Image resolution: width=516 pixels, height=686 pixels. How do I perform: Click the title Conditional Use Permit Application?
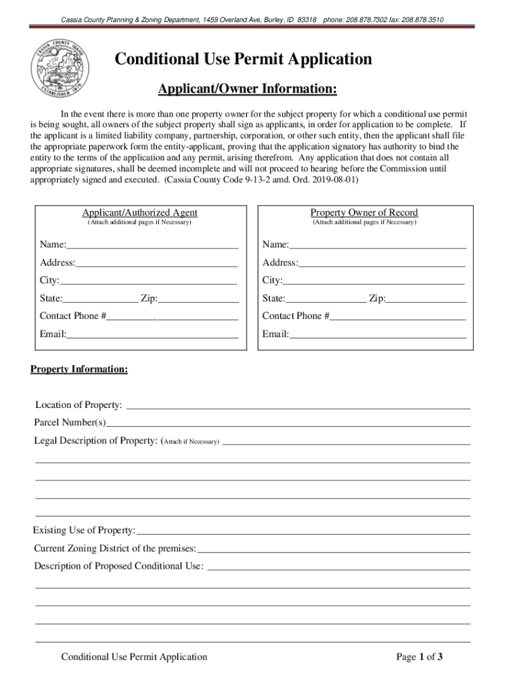coord(243,60)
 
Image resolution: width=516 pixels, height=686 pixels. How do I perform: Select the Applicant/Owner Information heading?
coord(247,89)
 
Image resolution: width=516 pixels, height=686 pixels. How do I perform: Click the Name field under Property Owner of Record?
coord(377,245)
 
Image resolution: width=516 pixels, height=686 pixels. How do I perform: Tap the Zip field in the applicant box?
coord(198,299)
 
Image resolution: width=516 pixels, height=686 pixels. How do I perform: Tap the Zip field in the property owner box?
coord(426,299)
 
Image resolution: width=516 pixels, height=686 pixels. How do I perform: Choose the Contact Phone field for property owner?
coord(397,316)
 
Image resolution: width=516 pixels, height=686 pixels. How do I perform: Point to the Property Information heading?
coord(79,369)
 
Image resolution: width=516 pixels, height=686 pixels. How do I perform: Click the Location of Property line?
coord(298,405)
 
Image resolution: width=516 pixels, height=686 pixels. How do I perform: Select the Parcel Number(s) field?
coord(288,423)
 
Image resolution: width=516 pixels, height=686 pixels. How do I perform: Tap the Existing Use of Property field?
coord(303,531)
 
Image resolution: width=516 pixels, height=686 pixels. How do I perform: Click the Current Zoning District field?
coord(333,549)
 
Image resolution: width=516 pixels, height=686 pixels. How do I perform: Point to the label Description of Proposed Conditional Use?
coord(119,566)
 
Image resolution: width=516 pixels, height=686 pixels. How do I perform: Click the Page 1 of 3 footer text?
coord(420,657)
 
